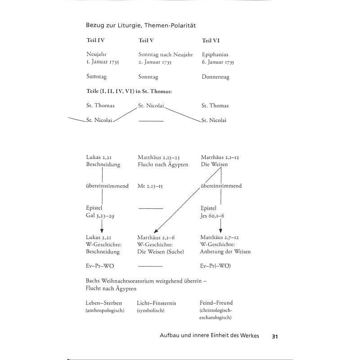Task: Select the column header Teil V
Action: (x=146, y=40)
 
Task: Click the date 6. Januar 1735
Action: (x=218, y=62)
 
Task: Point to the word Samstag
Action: (x=97, y=77)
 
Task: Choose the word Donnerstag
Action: (x=216, y=77)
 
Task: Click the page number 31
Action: (x=276, y=336)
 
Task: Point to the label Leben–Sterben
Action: (x=103, y=303)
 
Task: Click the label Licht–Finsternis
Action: (x=156, y=303)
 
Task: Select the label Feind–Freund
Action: (x=216, y=303)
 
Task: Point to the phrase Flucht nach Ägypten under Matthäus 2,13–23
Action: (x=163, y=165)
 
